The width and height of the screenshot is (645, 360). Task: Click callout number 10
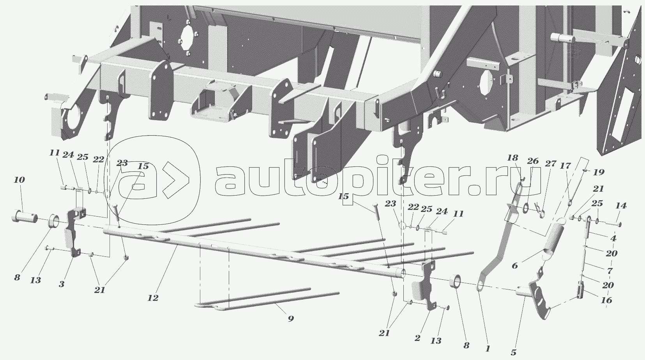(x=19, y=180)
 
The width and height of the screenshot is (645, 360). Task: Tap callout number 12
(x=153, y=298)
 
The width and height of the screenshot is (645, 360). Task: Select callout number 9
(x=291, y=319)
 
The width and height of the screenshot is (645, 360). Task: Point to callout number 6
(x=515, y=266)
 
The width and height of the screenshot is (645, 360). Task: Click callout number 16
(x=606, y=300)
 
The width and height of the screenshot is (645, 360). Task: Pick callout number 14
(x=621, y=206)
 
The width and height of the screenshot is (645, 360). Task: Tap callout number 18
(x=512, y=158)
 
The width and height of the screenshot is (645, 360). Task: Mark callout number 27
(x=551, y=164)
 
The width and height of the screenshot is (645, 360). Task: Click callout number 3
(x=61, y=284)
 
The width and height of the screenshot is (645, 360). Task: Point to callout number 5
(x=514, y=353)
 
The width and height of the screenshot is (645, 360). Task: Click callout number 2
(x=417, y=339)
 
